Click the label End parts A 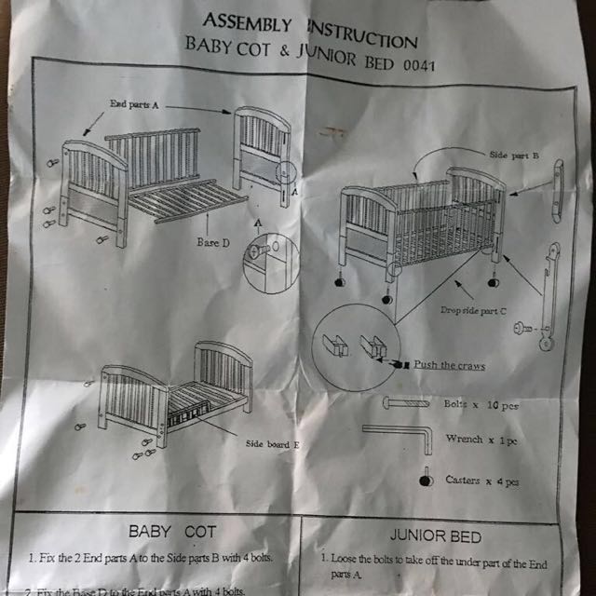(x=134, y=105)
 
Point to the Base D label (x=211, y=242)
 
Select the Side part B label (x=514, y=156)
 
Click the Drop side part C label (x=473, y=308)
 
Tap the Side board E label (x=271, y=445)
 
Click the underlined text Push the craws (x=449, y=366)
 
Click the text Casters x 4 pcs (x=482, y=481)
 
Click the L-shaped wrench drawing (x=396, y=435)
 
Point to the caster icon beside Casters (x=426, y=481)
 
